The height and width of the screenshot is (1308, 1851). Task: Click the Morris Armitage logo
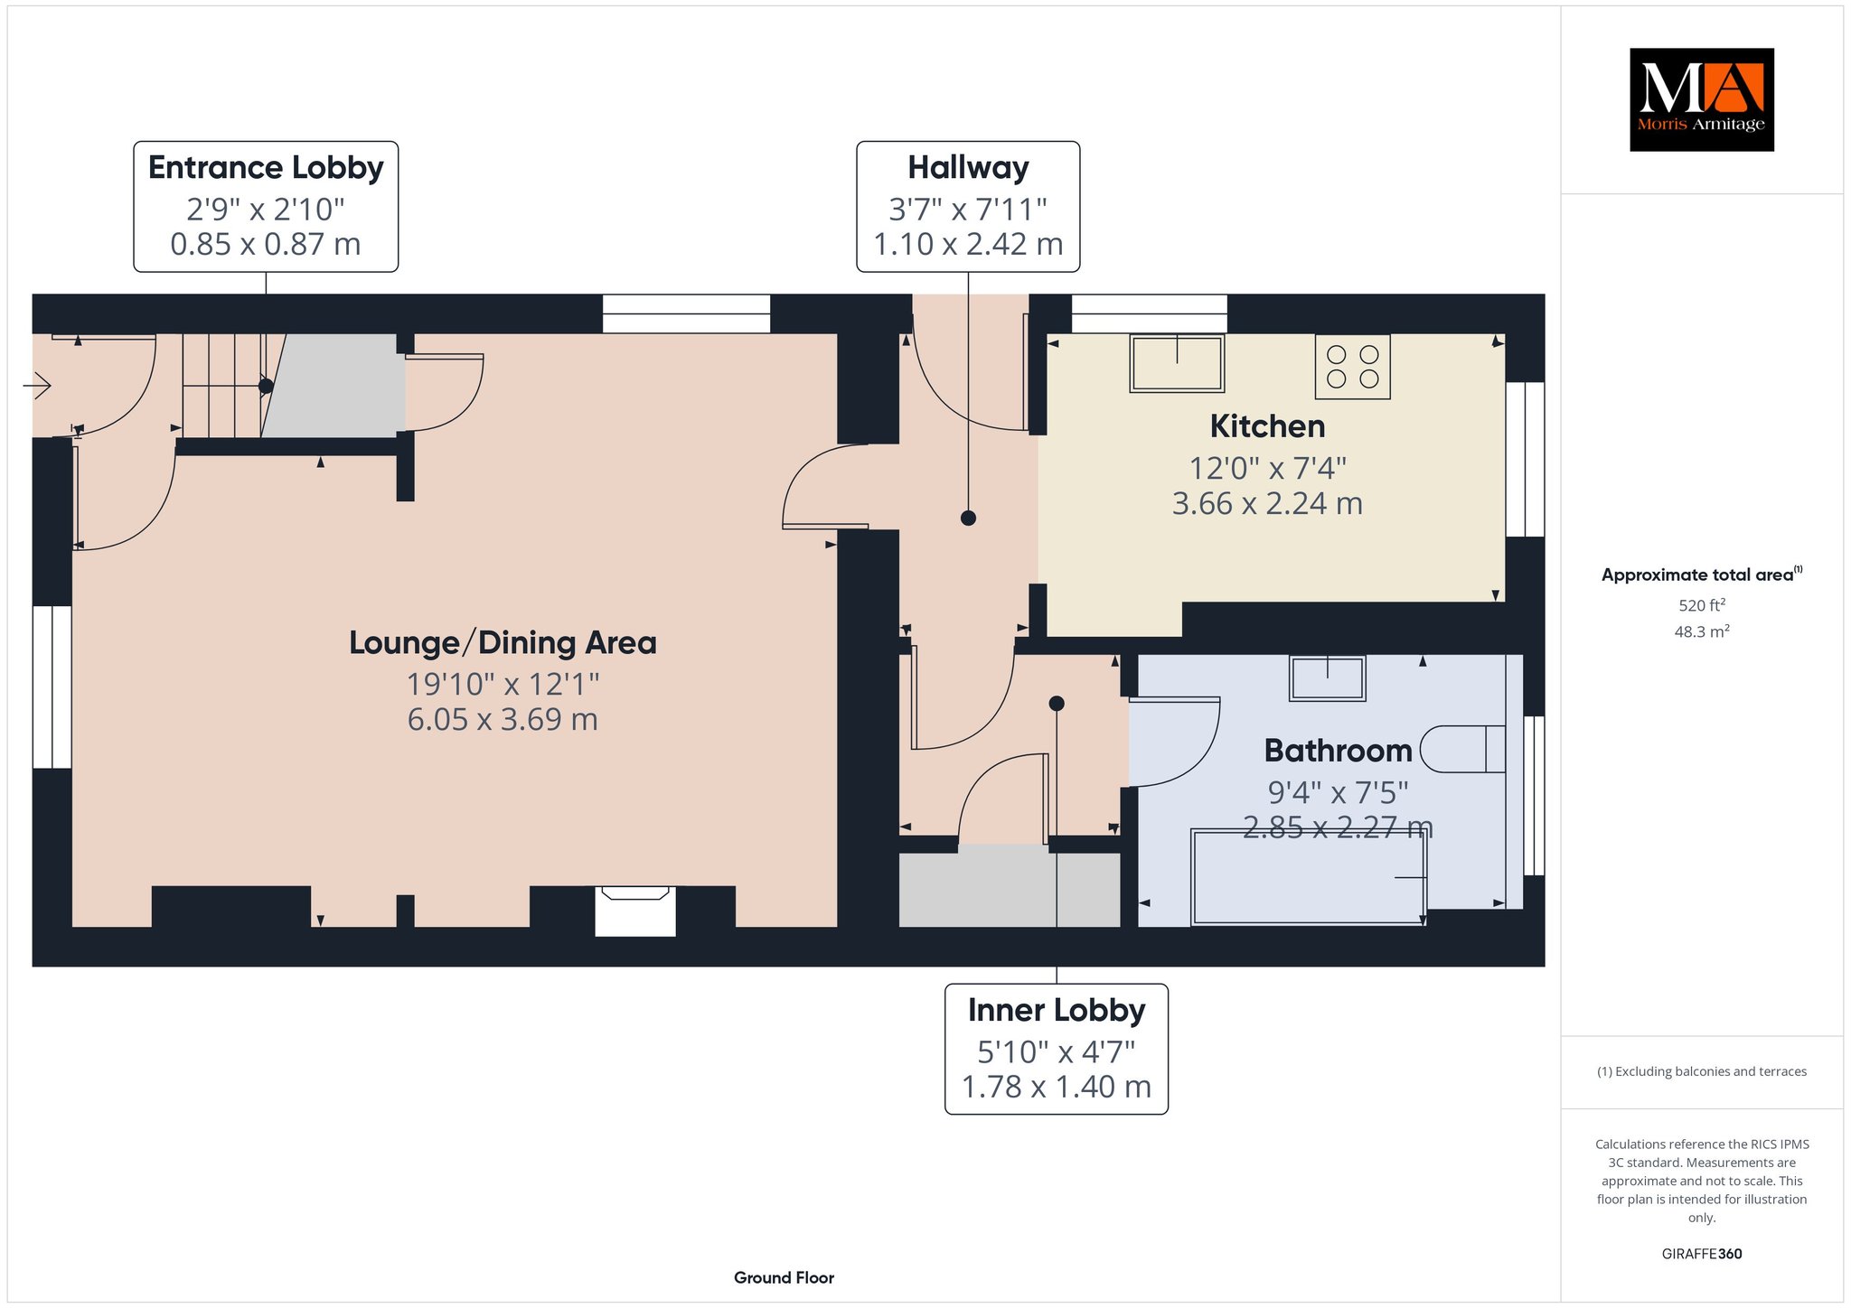click(x=1701, y=99)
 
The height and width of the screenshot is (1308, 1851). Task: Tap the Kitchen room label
click(x=1267, y=426)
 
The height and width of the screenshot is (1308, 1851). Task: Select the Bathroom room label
click(x=1338, y=751)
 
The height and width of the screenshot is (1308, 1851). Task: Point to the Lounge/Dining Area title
click(x=503, y=643)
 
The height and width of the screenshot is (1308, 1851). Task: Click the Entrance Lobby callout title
click(x=266, y=168)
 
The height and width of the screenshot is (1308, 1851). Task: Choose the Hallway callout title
click(x=968, y=168)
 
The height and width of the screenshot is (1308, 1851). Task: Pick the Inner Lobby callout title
click(x=1057, y=1010)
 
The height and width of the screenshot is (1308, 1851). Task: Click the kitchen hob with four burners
click(x=1352, y=367)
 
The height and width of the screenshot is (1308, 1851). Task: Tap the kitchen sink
click(x=1177, y=363)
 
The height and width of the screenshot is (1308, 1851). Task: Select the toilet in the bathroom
click(x=1462, y=750)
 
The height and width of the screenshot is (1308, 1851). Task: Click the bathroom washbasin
click(x=1327, y=678)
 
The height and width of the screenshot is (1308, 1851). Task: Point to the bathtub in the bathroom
click(x=1309, y=877)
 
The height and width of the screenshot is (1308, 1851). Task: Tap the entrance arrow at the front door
click(x=37, y=388)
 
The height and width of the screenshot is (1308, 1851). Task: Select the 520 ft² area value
click(x=1702, y=605)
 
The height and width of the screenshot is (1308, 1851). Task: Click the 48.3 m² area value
click(x=1702, y=631)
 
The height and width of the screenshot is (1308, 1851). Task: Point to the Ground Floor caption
click(x=784, y=1277)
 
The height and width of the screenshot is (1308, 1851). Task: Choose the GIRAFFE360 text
click(x=1702, y=1254)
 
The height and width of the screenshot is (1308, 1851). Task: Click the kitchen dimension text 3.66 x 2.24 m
click(x=1267, y=503)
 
